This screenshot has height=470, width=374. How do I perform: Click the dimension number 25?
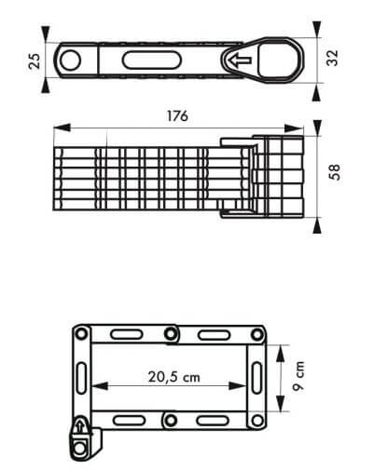[x=35, y=60]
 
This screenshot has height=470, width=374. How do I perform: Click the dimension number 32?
[x=332, y=58]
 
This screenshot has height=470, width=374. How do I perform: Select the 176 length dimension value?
[x=178, y=116]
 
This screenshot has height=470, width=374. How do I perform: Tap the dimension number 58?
[x=335, y=172]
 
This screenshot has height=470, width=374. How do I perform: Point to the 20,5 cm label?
[x=174, y=377]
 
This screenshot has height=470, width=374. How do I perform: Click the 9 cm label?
[x=298, y=376]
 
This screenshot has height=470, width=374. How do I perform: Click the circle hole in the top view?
[x=70, y=60]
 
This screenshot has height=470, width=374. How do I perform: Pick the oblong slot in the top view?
[x=151, y=60]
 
